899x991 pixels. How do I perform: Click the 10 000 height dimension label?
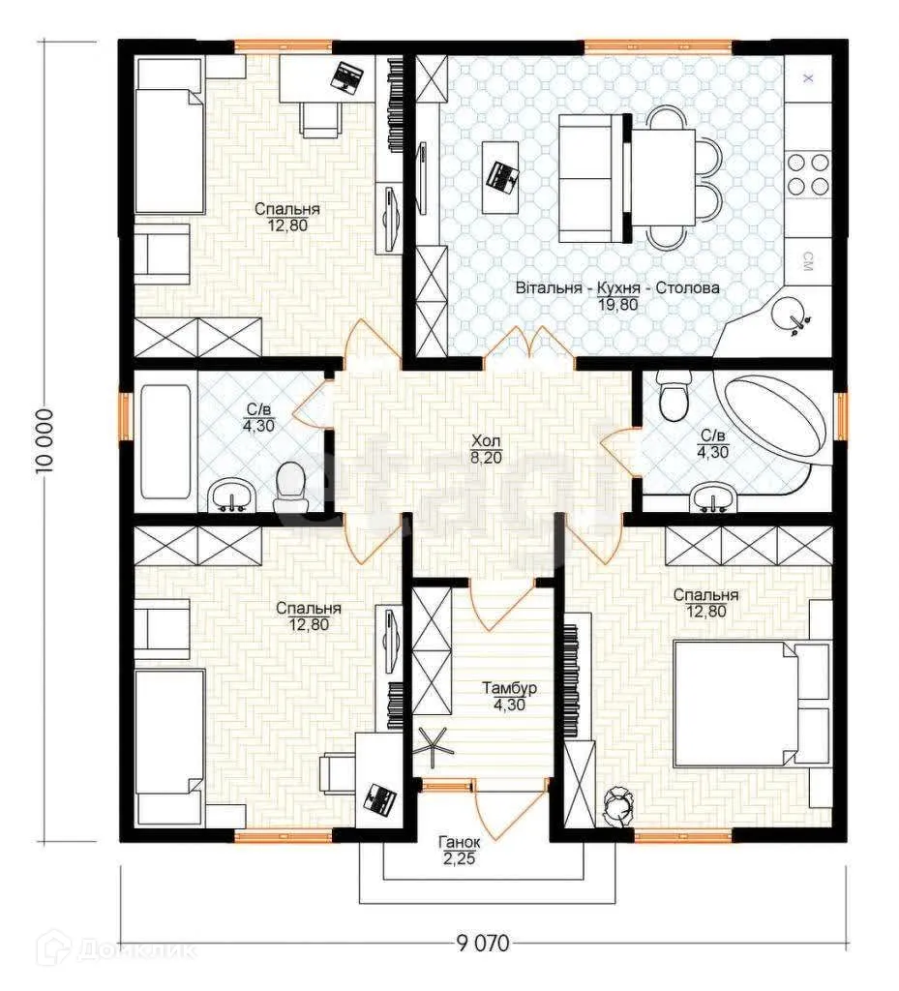pyautogui.click(x=45, y=441)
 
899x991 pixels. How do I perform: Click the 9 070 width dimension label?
pyautogui.click(x=482, y=944)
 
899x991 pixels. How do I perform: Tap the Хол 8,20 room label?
pyautogui.click(x=486, y=449)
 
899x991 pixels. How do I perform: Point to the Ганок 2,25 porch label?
pyautogui.click(x=460, y=850)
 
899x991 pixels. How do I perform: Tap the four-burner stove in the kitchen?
pyautogui.click(x=808, y=174)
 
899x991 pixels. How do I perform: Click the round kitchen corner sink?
pyautogui.click(x=791, y=315)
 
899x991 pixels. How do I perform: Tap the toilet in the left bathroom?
pyautogui.click(x=290, y=486)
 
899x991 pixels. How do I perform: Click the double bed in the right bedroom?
pyautogui.click(x=752, y=703)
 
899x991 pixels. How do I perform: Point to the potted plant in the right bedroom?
pyautogui.click(x=617, y=808)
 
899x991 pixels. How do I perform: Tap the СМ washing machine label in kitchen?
pyautogui.click(x=807, y=261)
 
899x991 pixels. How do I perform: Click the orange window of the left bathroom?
pyautogui.click(x=125, y=416)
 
